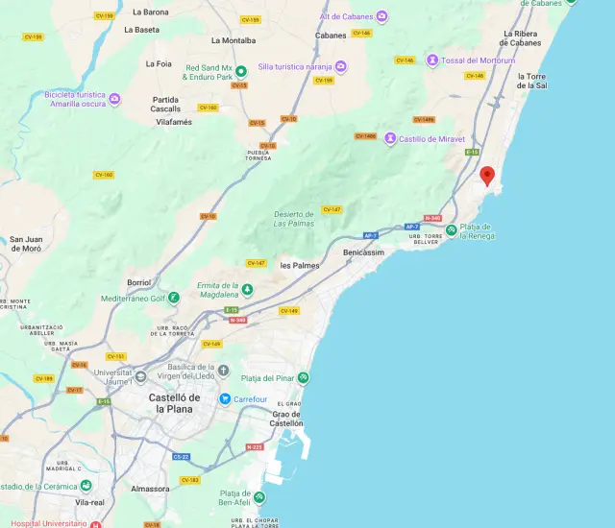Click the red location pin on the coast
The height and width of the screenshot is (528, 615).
coord(487,176)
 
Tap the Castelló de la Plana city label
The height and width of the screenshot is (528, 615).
coord(174,403)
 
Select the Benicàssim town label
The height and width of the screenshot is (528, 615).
coord(365,252)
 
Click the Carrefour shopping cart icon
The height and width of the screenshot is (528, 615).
coord(224,398)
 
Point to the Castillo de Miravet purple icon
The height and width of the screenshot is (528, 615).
coord(390,138)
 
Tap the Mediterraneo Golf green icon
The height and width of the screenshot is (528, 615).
coord(174,298)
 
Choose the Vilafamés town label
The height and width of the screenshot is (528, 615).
coord(174,122)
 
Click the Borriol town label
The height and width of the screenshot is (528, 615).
coord(139,282)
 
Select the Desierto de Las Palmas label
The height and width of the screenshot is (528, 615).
coord(294,219)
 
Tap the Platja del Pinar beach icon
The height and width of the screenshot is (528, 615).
coord(304,377)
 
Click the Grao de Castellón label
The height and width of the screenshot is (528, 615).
coord(286,419)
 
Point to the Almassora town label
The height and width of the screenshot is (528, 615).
coord(150,488)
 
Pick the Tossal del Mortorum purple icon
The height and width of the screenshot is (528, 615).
coord(433,60)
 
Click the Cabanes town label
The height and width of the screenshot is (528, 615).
coord(331,36)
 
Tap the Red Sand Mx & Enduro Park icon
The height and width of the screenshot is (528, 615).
coord(241,69)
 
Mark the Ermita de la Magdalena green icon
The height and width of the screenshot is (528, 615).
coord(247,289)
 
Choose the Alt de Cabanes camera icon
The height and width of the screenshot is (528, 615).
coord(381,17)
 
